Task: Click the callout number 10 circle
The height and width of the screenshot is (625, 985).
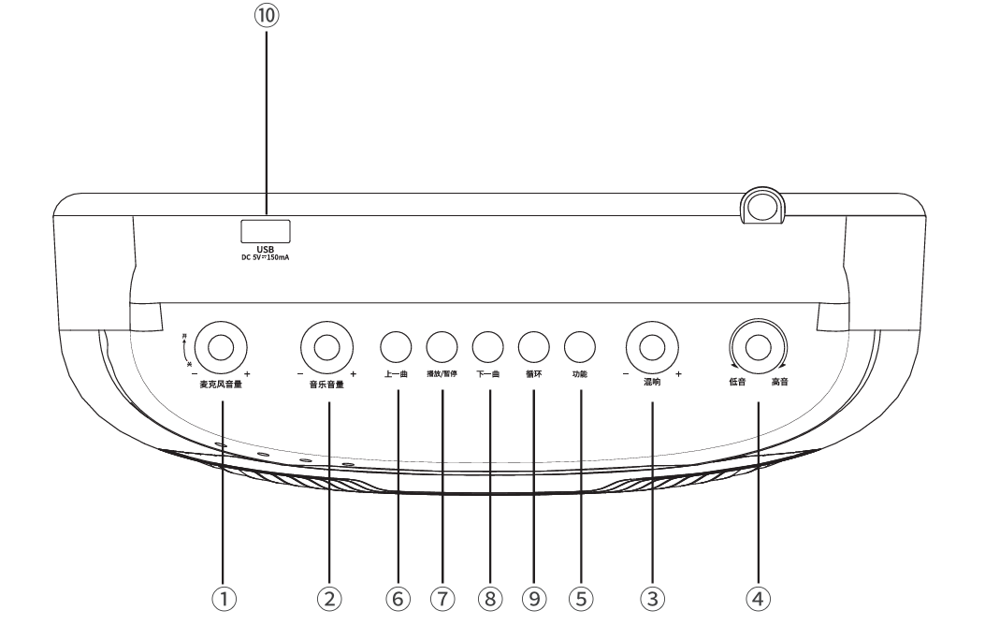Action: [x=267, y=16]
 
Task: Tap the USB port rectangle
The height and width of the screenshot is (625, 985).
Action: [x=266, y=230]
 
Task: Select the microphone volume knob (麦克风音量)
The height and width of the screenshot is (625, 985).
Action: [x=221, y=347]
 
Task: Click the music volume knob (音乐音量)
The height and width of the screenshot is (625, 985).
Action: [x=326, y=347]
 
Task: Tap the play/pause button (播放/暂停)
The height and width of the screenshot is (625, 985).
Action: [x=442, y=347]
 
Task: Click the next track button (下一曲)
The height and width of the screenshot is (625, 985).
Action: [x=487, y=347]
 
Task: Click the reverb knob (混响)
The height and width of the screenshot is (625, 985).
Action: [x=651, y=347]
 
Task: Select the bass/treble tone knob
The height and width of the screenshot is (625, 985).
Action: [x=759, y=347]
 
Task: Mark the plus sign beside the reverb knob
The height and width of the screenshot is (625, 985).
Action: [x=677, y=373]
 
